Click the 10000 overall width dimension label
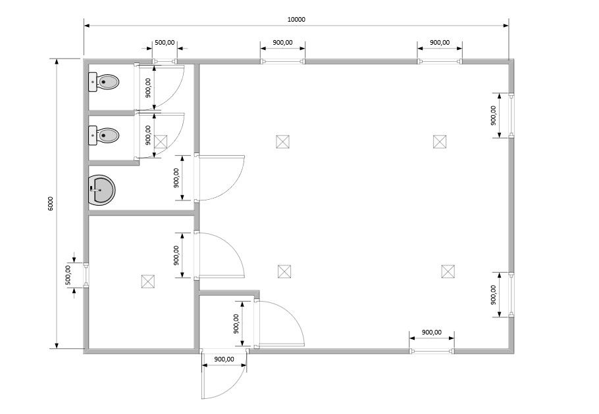point(296,20)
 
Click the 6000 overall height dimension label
point(51,203)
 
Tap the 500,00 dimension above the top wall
point(165,42)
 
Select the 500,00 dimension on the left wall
point(68,275)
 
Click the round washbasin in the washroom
point(101,189)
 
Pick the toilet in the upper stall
point(104,82)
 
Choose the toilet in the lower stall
point(104,135)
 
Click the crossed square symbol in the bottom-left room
point(148,281)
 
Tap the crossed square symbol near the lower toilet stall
point(161,141)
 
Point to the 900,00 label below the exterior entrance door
point(224,359)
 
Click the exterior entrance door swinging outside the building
point(224,375)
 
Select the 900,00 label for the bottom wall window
point(432,332)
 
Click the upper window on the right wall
point(511,115)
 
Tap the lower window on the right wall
point(511,294)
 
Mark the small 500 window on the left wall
point(86,275)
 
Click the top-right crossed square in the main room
point(440,141)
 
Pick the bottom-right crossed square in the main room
point(448,271)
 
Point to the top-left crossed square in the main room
point(282,141)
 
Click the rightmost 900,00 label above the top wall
point(440,42)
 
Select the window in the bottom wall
point(432,351)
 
